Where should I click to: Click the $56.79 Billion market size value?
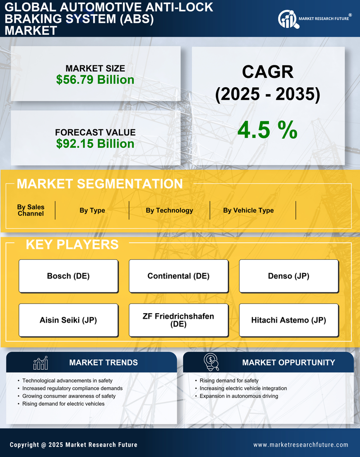click(95, 80)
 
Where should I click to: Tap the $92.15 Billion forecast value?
click(95, 144)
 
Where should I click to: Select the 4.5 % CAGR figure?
click(267, 130)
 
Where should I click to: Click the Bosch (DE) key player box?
click(68, 276)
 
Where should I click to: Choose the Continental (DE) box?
click(178, 276)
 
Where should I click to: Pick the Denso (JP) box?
click(289, 276)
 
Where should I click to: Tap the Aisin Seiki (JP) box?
click(68, 320)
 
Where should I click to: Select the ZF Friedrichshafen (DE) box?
click(178, 320)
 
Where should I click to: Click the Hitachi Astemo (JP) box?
click(289, 320)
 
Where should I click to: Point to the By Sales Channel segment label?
click(31, 210)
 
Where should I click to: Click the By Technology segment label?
click(169, 210)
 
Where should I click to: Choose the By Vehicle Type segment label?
click(248, 210)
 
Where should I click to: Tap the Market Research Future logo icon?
click(287, 19)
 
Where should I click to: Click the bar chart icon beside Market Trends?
click(40, 363)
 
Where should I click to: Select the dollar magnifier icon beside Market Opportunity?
click(211, 362)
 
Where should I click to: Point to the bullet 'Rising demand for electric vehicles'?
click(63, 404)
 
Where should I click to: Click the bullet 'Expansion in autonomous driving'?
click(239, 396)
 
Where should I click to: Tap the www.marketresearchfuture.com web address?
click(301, 445)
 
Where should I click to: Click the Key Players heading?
click(72, 244)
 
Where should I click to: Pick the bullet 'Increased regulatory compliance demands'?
click(72, 388)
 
